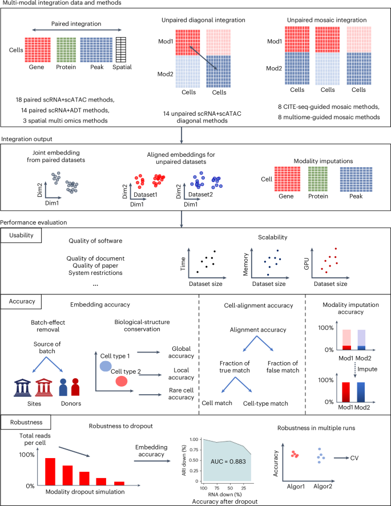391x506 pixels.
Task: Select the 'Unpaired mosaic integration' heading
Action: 321,21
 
